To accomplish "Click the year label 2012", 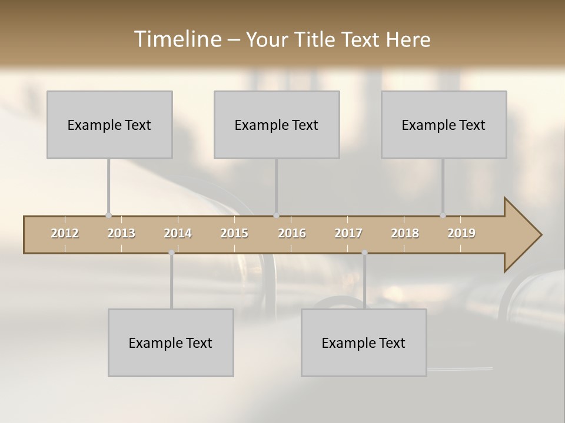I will click(65, 233).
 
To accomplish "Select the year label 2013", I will click(121, 233).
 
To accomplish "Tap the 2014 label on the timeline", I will click(178, 233).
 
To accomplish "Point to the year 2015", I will click(234, 233).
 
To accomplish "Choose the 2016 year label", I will click(292, 233).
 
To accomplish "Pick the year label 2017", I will click(348, 233).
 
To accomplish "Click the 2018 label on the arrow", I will click(405, 233).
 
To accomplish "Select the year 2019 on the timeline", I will click(461, 233).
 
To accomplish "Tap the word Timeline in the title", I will click(177, 39).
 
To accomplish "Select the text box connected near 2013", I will click(109, 125).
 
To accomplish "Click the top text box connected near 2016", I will click(277, 125).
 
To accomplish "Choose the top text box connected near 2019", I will click(444, 125).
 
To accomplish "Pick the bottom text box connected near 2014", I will click(171, 343).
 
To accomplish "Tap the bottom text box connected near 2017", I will click(364, 343).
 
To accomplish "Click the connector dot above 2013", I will click(108, 216).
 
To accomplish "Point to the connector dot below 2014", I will click(171, 253).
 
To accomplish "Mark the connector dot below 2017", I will click(364, 253).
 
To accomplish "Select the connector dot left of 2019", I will click(443, 216).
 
